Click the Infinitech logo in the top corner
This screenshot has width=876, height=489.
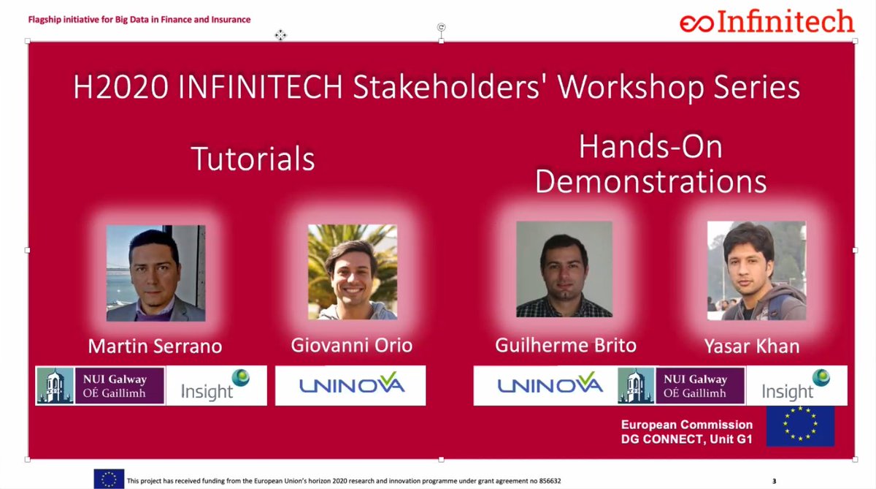point(766,22)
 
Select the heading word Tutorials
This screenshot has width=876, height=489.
point(253,159)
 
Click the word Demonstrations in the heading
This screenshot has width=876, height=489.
point(650,181)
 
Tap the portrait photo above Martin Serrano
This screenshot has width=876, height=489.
point(155,273)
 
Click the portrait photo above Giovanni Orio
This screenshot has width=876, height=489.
point(352,271)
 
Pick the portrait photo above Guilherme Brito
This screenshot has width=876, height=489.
point(564,269)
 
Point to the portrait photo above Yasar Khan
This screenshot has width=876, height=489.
point(756,270)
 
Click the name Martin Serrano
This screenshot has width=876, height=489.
point(155,345)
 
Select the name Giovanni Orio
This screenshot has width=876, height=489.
point(352,345)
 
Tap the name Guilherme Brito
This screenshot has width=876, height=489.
point(565,345)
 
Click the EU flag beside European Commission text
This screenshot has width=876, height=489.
point(799,425)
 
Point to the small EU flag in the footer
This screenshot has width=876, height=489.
point(109,479)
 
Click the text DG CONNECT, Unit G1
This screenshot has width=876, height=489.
point(686,439)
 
